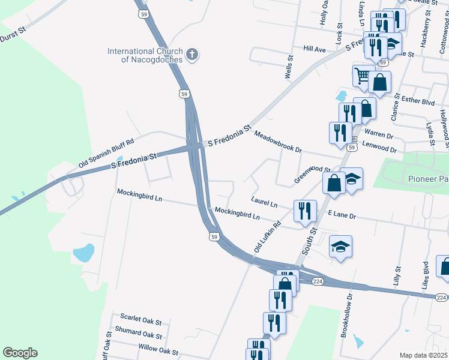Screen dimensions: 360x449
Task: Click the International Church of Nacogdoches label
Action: coord(145,55)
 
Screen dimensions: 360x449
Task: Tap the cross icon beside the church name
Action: coord(192,55)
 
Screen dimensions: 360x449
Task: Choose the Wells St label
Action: coord(289,67)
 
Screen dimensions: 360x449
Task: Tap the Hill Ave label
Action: coord(315,49)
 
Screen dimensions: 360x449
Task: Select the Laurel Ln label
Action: coord(264,202)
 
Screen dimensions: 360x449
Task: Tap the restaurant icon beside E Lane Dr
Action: coord(305,210)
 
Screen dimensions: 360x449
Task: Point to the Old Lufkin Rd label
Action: coord(268,236)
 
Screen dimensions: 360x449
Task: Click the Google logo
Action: coord(20,353)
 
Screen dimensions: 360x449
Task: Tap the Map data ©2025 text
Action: coord(423,355)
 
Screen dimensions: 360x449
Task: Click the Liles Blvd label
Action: coord(426,275)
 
